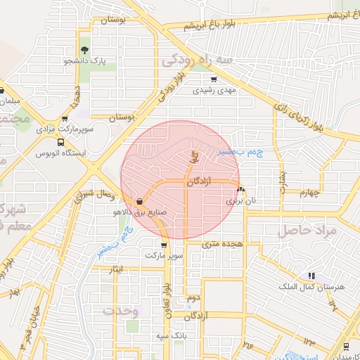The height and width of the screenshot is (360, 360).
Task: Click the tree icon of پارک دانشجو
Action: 85,50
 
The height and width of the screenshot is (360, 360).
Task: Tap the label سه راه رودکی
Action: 206,60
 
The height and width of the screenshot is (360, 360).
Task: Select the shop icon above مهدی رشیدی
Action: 214,79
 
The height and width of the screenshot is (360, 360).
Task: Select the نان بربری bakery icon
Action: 241,188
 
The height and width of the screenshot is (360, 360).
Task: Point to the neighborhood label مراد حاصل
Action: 307,230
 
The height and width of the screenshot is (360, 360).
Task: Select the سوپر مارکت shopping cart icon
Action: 164,245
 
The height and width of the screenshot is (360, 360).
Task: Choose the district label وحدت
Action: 117,309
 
